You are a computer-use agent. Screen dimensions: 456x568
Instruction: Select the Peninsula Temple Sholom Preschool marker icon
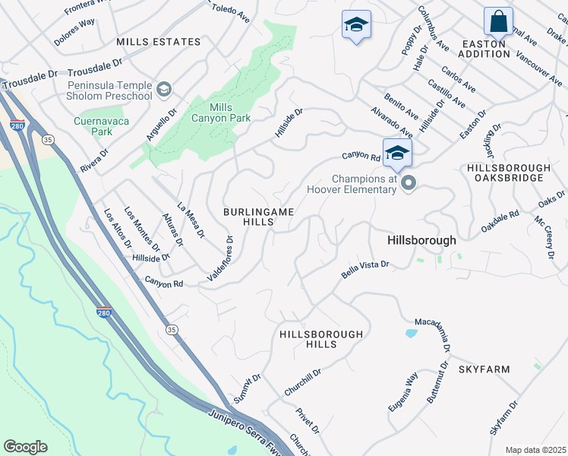(163, 90)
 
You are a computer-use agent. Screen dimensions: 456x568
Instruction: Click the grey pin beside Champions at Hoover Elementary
(409, 182)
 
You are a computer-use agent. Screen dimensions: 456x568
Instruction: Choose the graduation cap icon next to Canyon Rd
(397, 152)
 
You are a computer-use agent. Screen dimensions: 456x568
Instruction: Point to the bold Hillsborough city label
(421, 240)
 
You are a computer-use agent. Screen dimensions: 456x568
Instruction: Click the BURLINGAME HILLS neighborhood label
(257, 216)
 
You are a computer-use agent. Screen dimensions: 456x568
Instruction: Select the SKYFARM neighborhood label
(484, 369)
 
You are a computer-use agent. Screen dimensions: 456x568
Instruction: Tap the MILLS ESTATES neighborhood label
(159, 42)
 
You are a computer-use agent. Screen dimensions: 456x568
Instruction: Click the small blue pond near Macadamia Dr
(411, 333)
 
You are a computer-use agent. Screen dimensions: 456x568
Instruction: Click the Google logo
(25, 447)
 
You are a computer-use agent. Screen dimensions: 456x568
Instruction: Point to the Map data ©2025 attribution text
(535, 450)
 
